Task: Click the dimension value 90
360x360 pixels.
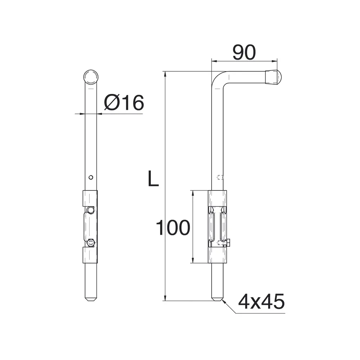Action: [244, 53]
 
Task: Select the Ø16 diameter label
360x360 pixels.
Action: [124, 102]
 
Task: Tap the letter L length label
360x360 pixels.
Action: [153, 178]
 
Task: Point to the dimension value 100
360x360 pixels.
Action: [173, 228]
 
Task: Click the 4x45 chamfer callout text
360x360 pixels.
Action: [261, 302]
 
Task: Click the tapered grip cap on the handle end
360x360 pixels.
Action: [273, 77]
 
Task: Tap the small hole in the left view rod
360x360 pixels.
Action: [91, 177]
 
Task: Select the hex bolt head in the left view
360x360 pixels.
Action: [91, 243]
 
